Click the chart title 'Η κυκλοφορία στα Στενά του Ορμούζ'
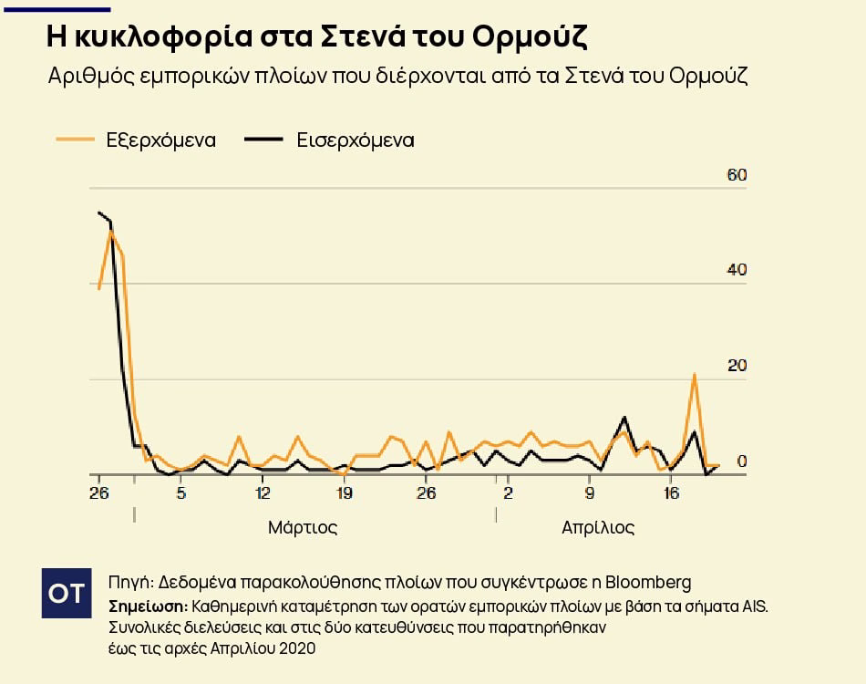point(316,37)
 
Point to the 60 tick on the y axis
point(736,174)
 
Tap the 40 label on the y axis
point(736,270)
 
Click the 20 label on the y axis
point(736,366)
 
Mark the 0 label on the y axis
point(741,461)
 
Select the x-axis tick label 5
point(180,493)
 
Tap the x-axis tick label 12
point(263,493)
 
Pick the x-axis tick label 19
point(344,493)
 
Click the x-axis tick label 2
point(508,493)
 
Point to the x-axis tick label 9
point(590,493)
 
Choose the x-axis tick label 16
point(671,493)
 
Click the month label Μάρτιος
point(303,527)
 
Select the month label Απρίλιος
point(598,527)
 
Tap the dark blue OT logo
point(66,593)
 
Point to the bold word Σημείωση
point(148,606)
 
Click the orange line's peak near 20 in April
point(695,375)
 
